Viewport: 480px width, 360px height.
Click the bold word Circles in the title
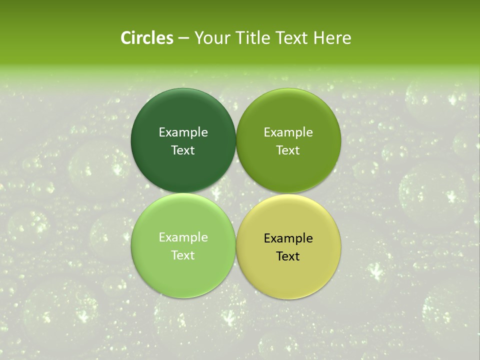click(x=147, y=38)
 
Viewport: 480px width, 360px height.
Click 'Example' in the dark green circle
click(x=183, y=132)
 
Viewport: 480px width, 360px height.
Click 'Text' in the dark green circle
click(x=183, y=150)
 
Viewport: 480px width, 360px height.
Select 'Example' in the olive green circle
click(x=288, y=132)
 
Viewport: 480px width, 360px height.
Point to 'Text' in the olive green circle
click(x=288, y=150)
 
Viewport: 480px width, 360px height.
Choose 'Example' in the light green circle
click(x=183, y=237)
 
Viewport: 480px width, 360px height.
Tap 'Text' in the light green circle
click(x=183, y=255)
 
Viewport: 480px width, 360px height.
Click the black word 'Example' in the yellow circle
click(x=288, y=238)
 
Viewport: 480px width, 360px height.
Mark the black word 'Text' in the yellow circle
click(x=288, y=256)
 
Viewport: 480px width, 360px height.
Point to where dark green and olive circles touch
click(x=236, y=140)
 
